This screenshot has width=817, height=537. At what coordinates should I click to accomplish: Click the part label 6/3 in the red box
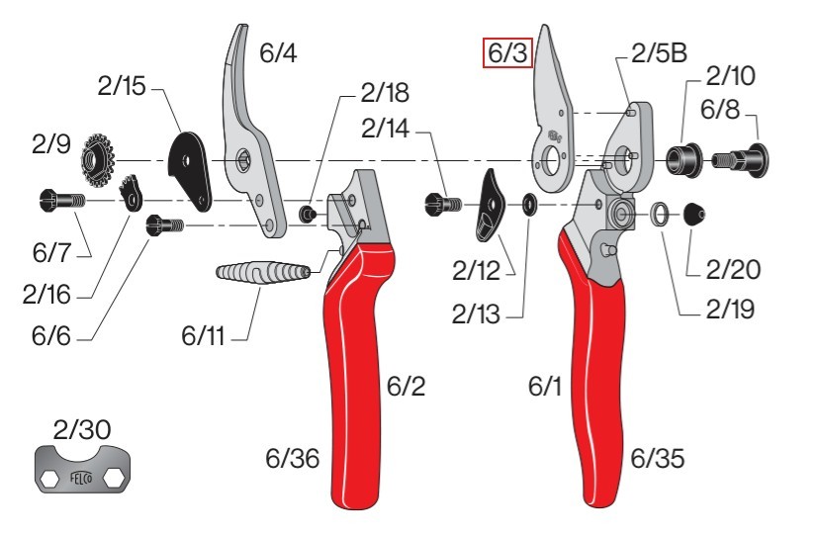coord(507,52)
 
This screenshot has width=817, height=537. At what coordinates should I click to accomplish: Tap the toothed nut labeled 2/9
coord(98,161)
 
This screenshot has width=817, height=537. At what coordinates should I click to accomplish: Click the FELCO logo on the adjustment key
coord(82,478)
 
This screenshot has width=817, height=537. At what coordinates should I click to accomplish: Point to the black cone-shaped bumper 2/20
coord(694,214)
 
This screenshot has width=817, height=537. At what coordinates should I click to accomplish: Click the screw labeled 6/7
coord(61,200)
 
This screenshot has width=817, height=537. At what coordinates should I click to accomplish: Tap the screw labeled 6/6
coord(164,225)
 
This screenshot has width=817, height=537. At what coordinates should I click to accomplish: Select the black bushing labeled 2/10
coord(683,159)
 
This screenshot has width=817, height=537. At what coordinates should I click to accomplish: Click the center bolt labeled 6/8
coord(741,158)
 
